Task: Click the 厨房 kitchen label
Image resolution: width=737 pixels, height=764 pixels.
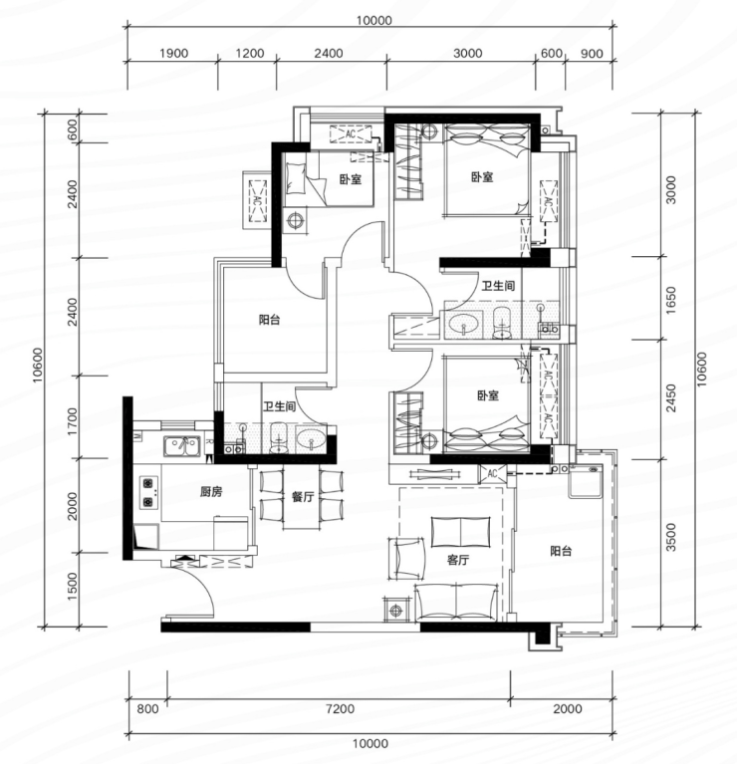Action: click(211, 492)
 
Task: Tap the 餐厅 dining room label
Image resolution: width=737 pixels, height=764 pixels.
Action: click(303, 496)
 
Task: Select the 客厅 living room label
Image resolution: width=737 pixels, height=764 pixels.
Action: click(458, 560)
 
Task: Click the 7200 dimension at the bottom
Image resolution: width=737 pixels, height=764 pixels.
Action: click(340, 708)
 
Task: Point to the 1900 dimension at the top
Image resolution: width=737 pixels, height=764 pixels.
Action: click(174, 53)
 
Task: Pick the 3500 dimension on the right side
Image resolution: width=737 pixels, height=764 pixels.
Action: click(671, 537)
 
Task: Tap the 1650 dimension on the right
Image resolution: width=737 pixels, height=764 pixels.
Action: click(671, 300)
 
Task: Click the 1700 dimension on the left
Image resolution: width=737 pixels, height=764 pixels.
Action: click(72, 422)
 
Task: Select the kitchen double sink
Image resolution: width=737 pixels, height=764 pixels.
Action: click(181, 446)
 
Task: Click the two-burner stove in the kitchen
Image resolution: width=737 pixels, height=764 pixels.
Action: click(148, 492)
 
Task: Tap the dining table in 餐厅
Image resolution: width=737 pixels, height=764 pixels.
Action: click(302, 498)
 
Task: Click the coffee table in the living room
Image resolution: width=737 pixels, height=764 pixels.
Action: click(461, 532)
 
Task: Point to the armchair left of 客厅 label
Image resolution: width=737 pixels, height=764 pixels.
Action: click(406, 559)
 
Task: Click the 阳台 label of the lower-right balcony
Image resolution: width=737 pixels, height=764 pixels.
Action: click(561, 551)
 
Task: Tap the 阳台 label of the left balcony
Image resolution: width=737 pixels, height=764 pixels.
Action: click(269, 320)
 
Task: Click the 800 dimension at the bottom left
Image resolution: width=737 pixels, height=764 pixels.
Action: click(147, 708)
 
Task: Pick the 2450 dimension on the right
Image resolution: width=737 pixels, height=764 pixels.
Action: click(671, 398)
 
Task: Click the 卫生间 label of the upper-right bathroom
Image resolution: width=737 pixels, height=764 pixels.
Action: click(498, 286)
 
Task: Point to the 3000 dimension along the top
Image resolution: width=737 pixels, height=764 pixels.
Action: click(468, 53)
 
